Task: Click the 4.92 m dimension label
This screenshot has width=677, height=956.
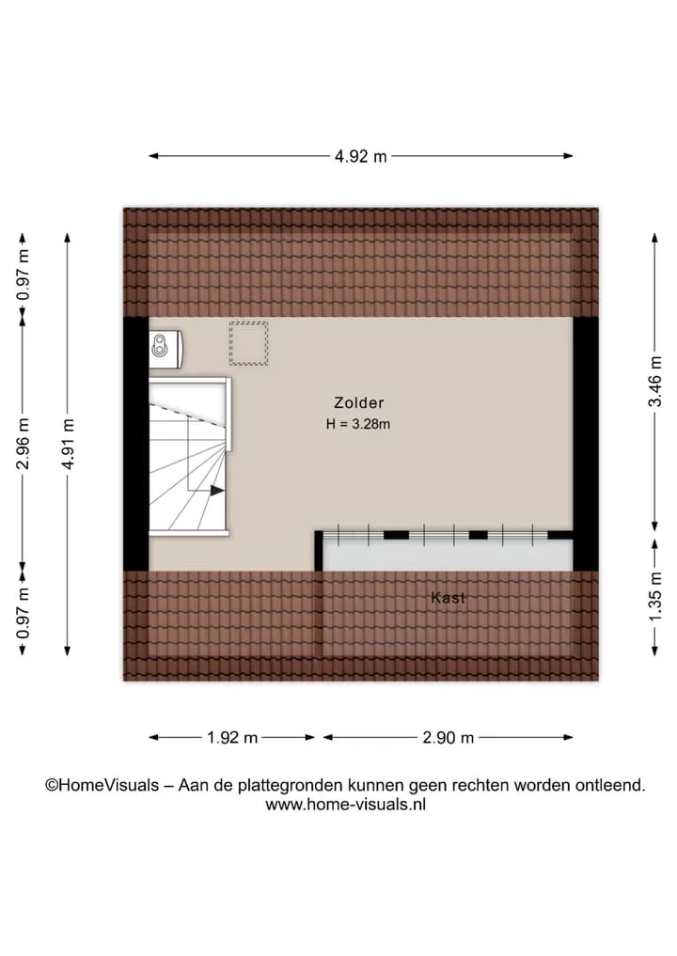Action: (x=360, y=157)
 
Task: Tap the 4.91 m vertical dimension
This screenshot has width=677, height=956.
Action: (x=69, y=444)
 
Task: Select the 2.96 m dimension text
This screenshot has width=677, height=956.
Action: (x=24, y=444)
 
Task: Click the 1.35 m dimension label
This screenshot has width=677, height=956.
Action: (x=654, y=597)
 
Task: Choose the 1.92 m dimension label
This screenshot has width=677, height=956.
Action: (x=231, y=738)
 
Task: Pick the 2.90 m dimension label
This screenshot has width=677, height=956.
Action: (x=449, y=738)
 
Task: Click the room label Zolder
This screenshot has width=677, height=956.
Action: (x=358, y=402)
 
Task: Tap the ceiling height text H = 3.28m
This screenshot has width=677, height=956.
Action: (x=358, y=424)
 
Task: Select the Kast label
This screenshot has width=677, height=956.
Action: (x=449, y=598)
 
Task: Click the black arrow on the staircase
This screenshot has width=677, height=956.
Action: (x=216, y=490)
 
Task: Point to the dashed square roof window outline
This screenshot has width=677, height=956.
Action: (x=249, y=344)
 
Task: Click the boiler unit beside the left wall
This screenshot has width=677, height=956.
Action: (x=165, y=350)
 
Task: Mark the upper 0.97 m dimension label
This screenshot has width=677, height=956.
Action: (x=24, y=275)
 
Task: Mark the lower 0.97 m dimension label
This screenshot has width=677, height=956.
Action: (x=24, y=613)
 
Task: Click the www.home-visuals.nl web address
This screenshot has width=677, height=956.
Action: (x=346, y=804)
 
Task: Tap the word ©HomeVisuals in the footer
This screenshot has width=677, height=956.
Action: (x=102, y=785)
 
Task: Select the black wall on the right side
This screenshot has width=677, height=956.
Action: (x=586, y=444)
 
